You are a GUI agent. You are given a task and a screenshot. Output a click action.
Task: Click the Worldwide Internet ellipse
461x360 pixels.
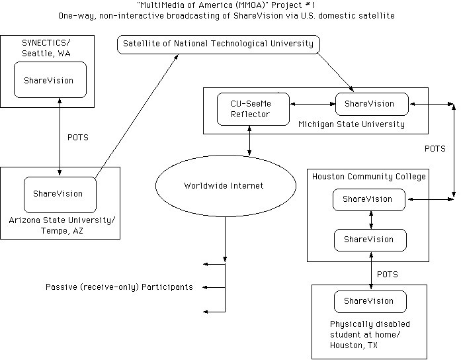pos(223,186)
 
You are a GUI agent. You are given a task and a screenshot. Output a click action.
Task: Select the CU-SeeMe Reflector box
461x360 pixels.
pos(253,109)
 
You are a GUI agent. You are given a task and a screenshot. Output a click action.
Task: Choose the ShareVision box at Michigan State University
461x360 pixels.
pos(369,104)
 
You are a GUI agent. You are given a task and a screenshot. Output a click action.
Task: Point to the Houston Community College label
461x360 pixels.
pos(369,177)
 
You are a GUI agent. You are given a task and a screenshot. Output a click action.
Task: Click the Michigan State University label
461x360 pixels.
pos(351,124)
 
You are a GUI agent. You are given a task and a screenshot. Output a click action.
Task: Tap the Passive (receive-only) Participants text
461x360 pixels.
pos(119,287)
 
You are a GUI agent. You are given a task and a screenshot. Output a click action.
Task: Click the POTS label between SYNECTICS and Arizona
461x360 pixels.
pos(78,138)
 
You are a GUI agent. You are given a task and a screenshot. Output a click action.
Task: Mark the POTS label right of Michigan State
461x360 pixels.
pos(435,149)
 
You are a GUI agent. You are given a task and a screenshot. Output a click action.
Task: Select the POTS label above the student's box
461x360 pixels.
pos(388,273)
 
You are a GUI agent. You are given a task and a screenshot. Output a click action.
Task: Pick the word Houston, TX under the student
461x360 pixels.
pos(356,345)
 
